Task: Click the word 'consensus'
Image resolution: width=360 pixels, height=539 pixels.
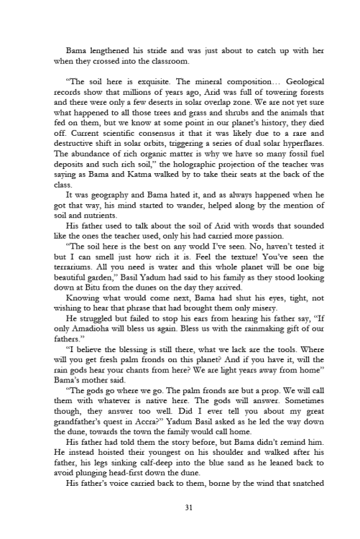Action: [136, 132]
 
